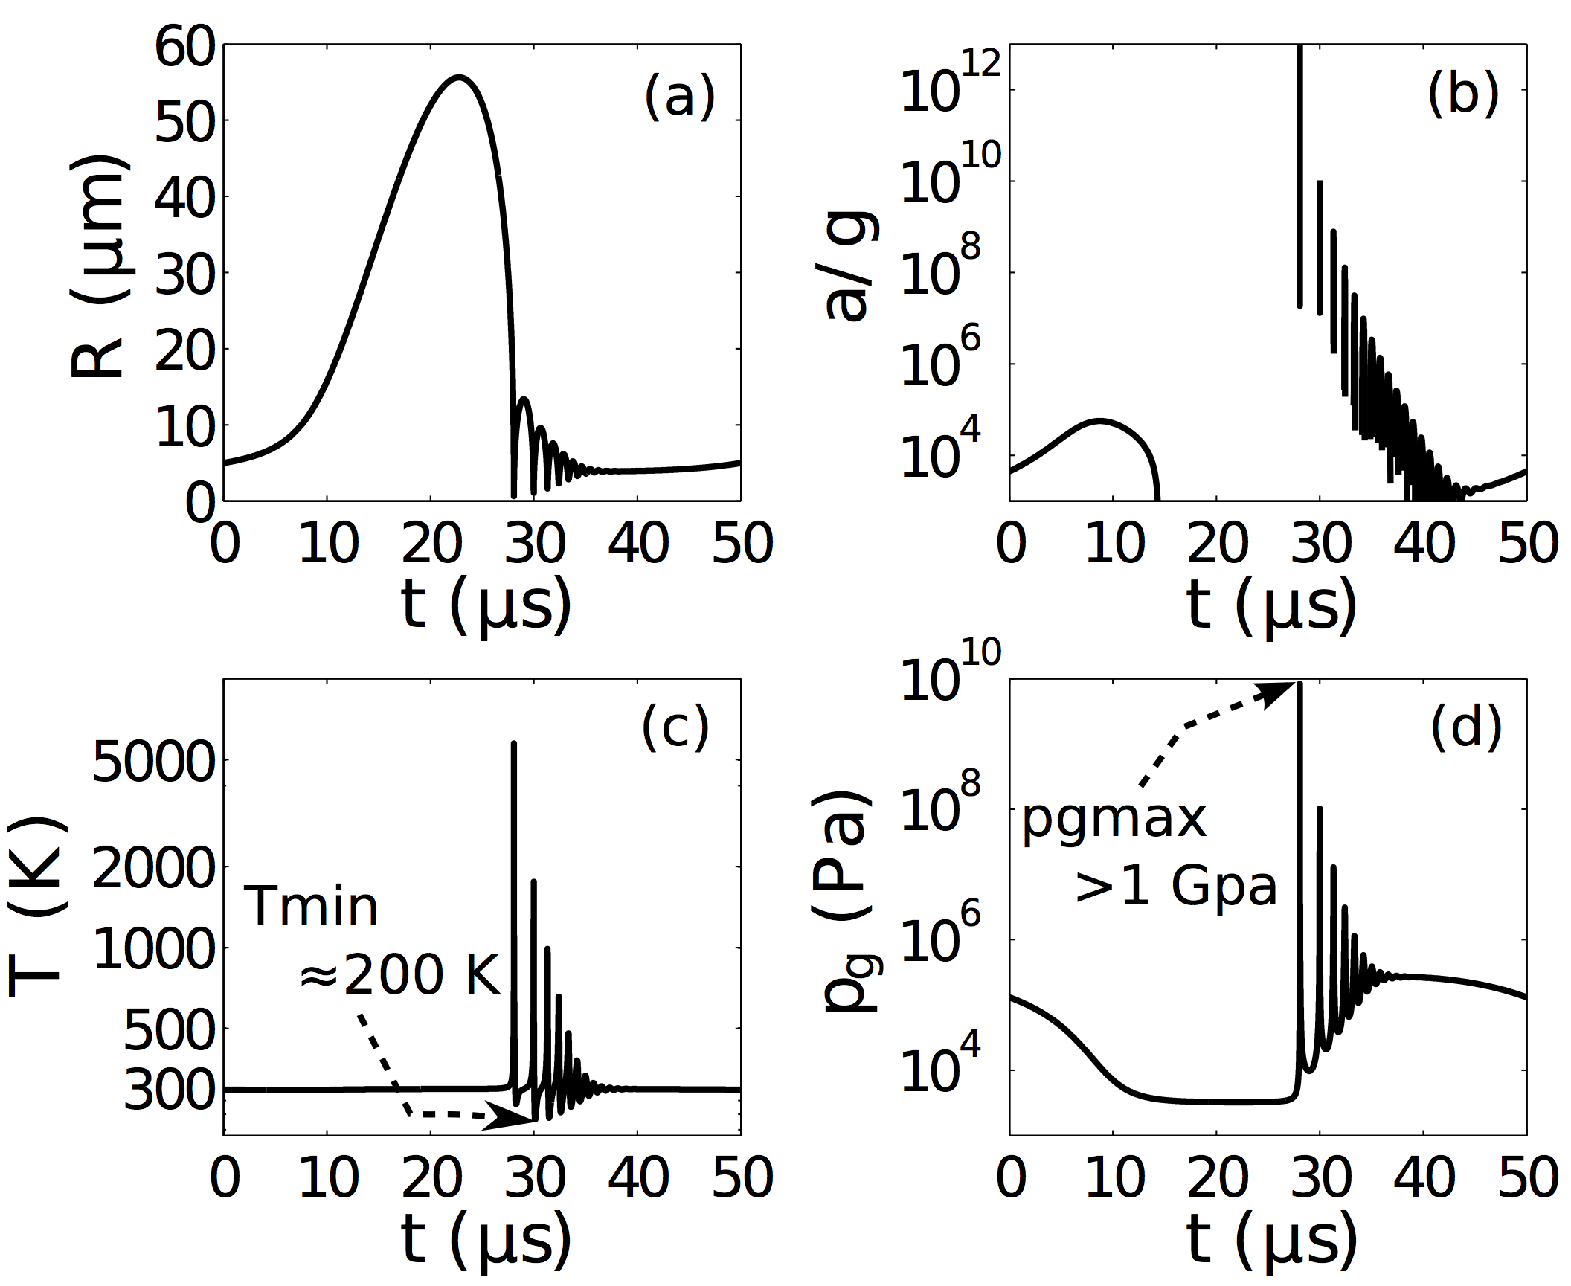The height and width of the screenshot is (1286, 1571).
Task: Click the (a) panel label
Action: pos(678,97)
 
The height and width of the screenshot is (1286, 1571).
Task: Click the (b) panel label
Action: pos(1462,97)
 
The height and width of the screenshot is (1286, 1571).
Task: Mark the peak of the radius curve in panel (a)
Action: pos(459,77)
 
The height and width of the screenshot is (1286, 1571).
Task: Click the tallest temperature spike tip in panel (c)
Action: pos(513,744)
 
